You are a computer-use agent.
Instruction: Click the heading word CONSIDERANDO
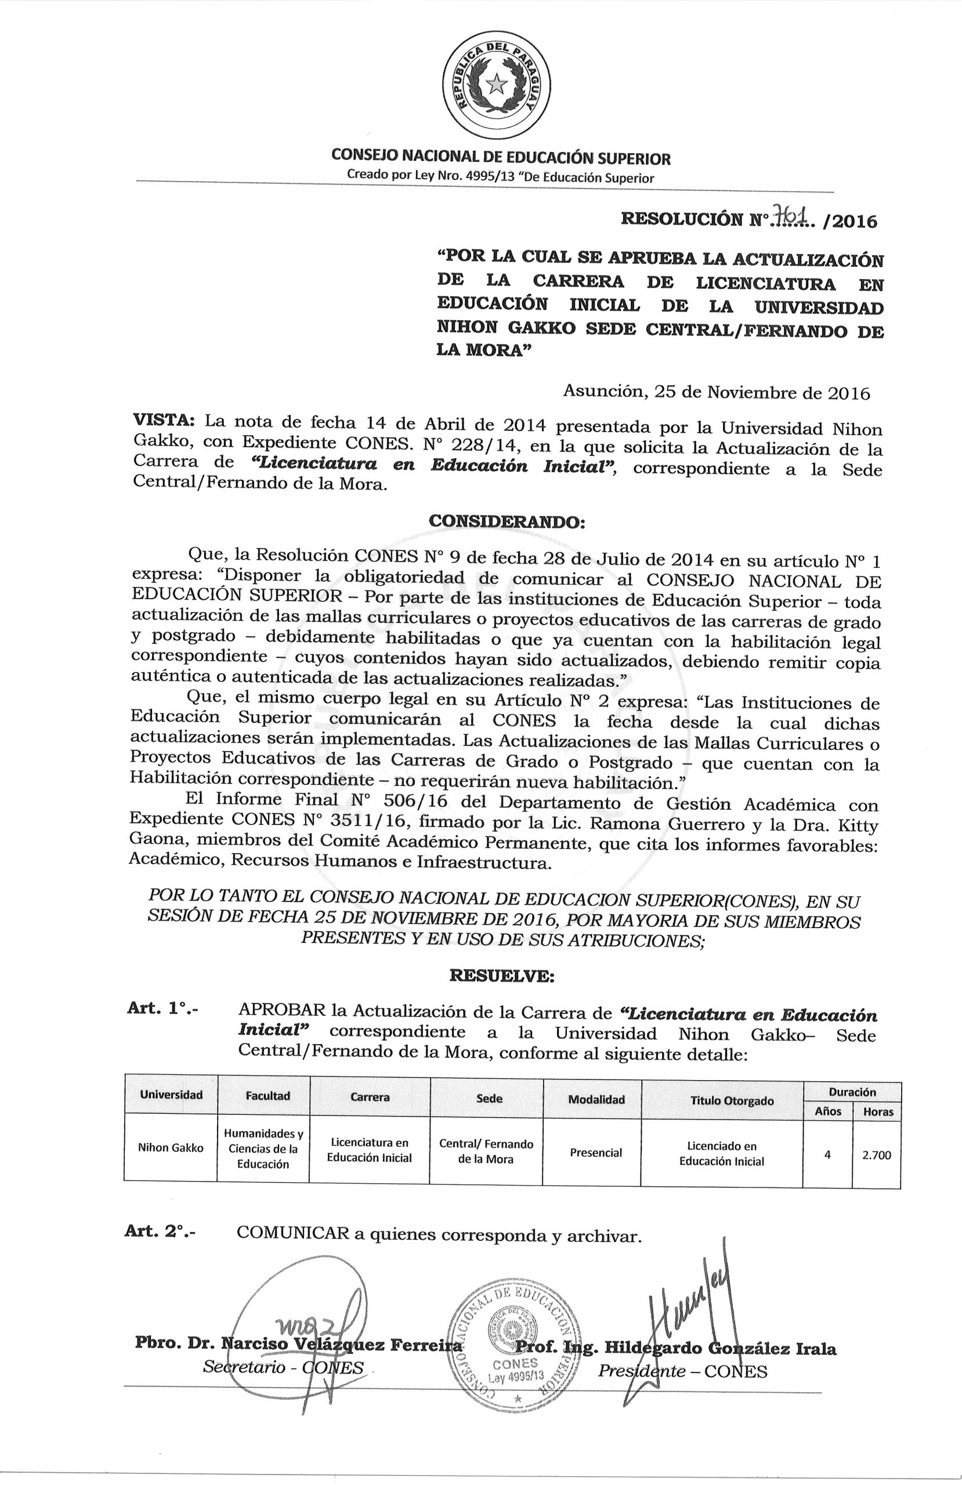[505, 521]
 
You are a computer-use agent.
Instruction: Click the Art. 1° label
[162, 1009]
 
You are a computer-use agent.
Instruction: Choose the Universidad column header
[171, 1095]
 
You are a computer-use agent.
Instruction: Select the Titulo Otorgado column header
[723, 1100]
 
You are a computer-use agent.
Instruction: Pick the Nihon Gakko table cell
[171, 1147]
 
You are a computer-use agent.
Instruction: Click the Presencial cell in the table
[595, 1153]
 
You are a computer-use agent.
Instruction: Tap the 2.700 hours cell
[877, 1155]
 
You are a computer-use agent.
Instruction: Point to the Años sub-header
[828, 1111]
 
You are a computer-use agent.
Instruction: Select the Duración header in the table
[852, 1092]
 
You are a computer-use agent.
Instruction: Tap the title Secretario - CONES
[283, 1385]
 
